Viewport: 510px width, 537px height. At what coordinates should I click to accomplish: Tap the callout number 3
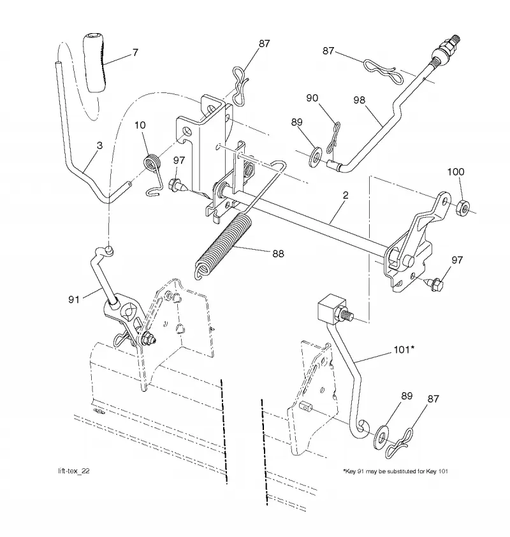(x=99, y=145)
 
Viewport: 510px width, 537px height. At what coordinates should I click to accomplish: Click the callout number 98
(x=359, y=100)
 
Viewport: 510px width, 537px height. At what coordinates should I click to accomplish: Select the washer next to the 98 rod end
(x=316, y=156)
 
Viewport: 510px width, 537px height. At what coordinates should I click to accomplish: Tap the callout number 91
(x=74, y=299)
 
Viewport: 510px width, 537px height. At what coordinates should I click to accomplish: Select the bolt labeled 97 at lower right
(x=433, y=284)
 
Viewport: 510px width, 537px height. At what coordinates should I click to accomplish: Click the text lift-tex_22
(x=74, y=471)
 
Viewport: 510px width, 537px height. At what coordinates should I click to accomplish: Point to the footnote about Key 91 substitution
(x=395, y=471)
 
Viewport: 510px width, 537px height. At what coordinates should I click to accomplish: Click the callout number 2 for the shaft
(x=346, y=195)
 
